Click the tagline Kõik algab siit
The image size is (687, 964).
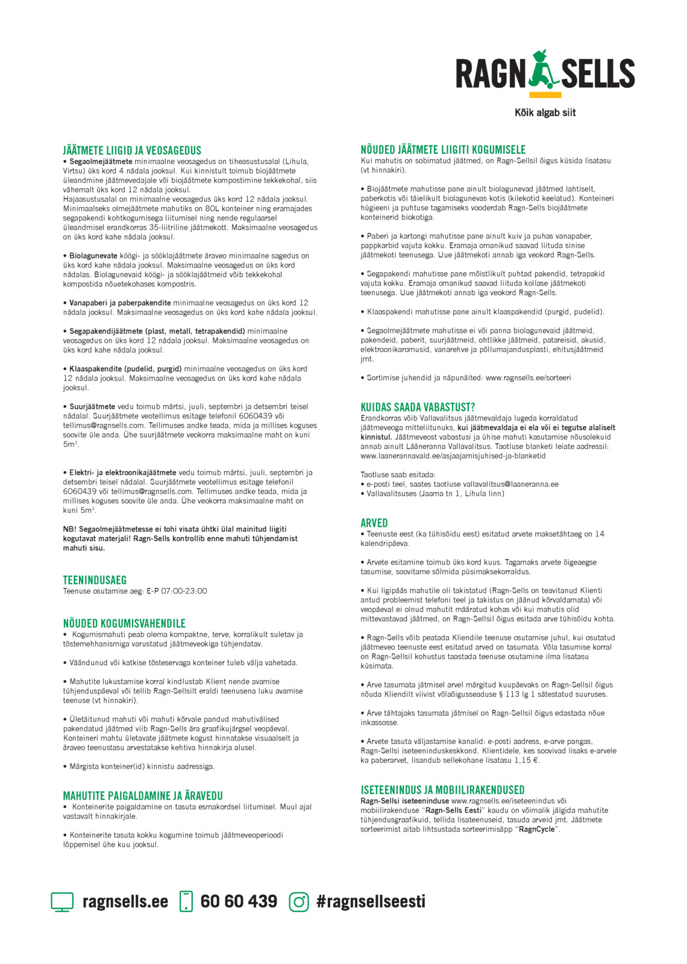tap(545, 113)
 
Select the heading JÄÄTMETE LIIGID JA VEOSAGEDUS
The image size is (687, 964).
tap(132, 151)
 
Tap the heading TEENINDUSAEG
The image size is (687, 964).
tap(95, 580)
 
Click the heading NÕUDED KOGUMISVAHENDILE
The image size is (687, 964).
tap(124, 624)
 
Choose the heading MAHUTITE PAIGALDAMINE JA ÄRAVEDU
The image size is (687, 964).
tap(143, 796)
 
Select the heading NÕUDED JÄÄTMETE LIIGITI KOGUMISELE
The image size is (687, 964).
tap(443, 149)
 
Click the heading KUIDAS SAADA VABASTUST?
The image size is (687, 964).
tap(418, 407)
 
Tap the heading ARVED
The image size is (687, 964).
tap(374, 523)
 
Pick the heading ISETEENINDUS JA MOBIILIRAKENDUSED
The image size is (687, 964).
tap(442, 790)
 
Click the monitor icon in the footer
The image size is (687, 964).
tap(62, 902)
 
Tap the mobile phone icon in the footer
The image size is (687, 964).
tap(186, 901)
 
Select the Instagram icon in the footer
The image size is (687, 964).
tap(299, 902)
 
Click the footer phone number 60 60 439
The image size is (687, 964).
tap(239, 901)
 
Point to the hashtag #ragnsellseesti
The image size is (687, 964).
tap(371, 901)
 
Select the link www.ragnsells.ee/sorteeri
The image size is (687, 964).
tap(528, 378)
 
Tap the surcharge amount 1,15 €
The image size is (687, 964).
tap(527, 760)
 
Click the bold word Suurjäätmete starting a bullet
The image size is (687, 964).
tap(92, 407)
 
